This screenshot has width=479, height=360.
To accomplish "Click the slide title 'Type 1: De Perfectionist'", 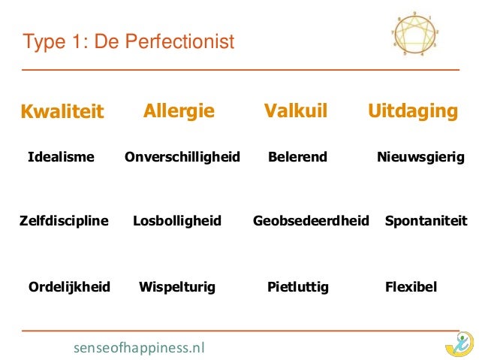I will click(129, 41).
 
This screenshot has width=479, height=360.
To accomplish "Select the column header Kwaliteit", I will click(62, 113).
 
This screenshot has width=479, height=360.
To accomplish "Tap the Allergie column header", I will click(179, 112).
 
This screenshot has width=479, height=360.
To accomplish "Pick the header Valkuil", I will click(296, 112).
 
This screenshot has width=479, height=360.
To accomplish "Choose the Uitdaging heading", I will click(412, 112).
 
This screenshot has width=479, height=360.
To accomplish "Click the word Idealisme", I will click(61, 157).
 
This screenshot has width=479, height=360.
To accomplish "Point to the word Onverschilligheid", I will click(182, 157).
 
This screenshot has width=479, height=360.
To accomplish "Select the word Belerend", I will click(297, 157).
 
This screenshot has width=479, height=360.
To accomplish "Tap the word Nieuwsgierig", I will click(420, 157).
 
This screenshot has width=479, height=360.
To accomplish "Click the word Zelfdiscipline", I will click(64, 221).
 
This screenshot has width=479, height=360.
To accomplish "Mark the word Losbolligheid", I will click(177, 221).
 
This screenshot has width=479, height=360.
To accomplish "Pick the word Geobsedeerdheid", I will click(311, 221).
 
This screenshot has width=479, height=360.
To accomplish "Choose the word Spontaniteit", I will click(425, 221).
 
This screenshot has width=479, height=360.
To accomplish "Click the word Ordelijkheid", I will click(68, 286).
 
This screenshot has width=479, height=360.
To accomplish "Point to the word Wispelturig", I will click(177, 286).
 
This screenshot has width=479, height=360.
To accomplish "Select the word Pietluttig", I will click(298, 286).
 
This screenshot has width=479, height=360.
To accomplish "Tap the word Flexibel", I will click(410, 286).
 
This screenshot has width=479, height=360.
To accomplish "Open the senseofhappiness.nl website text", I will click(139, 347).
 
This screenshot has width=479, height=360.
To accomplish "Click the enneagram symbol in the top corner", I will click(415, 34).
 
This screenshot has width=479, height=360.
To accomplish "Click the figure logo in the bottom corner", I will click(458, 343).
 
